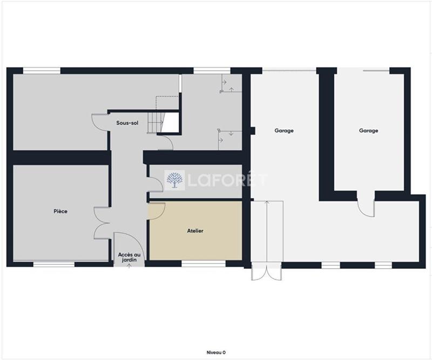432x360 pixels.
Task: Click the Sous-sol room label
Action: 127,123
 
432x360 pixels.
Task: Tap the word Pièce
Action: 60,211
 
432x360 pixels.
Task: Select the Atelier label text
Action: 195,231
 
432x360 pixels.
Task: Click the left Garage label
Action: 284,131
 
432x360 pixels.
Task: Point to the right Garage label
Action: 369,131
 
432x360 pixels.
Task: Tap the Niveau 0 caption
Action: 216,352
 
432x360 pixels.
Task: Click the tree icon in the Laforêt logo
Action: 174,180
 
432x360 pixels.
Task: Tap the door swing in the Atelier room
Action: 156,210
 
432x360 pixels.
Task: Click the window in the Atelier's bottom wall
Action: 203,264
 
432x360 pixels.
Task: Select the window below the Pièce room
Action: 54,264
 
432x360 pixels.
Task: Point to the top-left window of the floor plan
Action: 42,70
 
